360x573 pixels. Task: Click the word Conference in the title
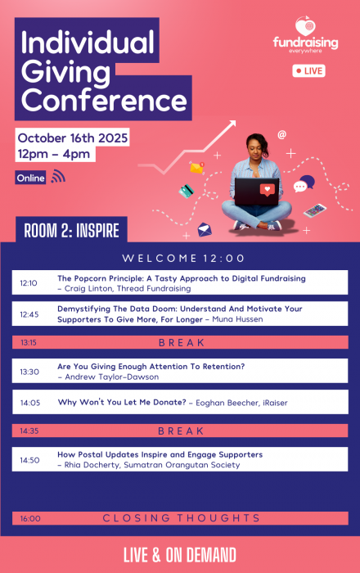coord(104,102)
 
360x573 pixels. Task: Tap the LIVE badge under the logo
coord(308,71)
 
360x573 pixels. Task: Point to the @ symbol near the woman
coord(282,134)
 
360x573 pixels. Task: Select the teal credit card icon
coord(187,190)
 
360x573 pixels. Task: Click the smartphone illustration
coord(315,211)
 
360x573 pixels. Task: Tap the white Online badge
coord(30,178)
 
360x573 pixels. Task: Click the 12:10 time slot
coord(29,283)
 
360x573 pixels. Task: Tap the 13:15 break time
coord(29,342)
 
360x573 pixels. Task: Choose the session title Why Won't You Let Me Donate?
coord(121,403)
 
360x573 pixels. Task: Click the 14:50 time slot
coord(29,460)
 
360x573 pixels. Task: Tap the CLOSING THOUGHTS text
coord(182,518)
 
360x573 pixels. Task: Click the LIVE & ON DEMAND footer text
coord(180,555)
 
